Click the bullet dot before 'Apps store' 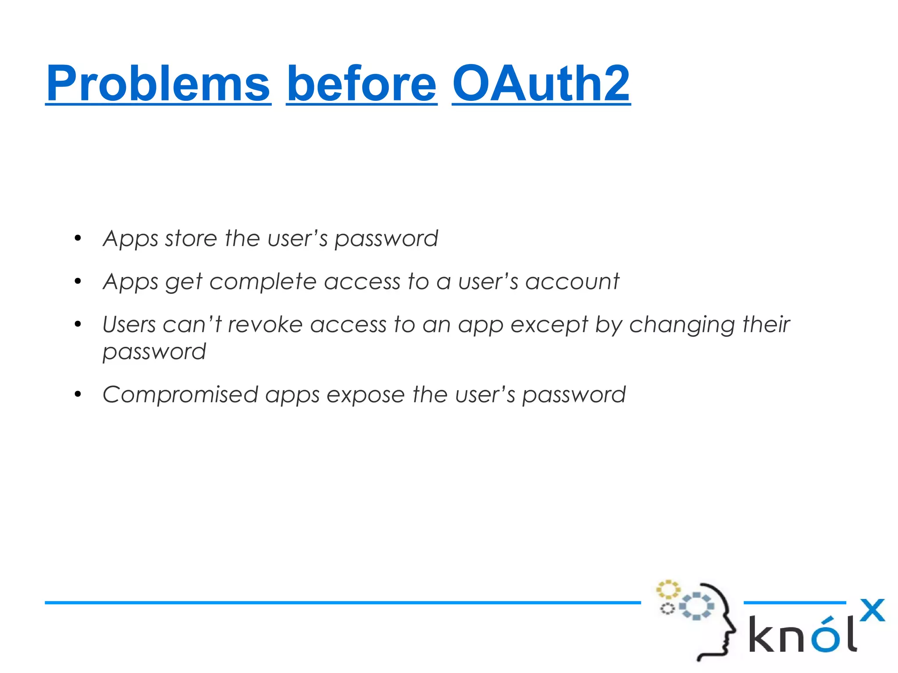78,239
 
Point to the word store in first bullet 191,239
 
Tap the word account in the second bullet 572,281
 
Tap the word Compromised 180,395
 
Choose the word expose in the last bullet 365,395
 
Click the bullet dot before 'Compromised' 78,394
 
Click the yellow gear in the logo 667,590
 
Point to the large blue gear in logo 696,606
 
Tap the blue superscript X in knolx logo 872,610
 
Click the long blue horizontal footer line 342,603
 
